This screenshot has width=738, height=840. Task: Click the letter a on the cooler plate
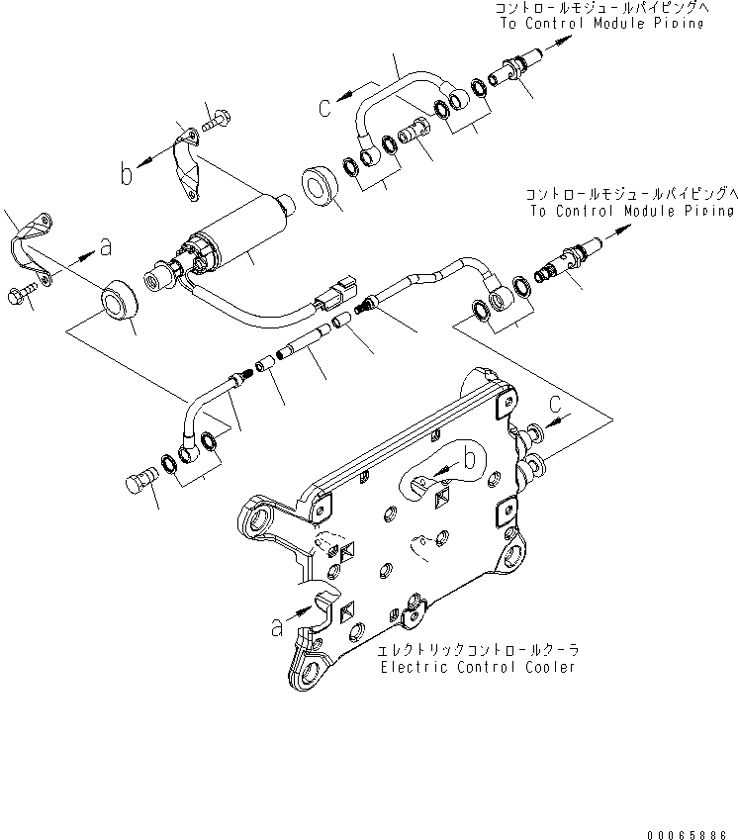(277, 626)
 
